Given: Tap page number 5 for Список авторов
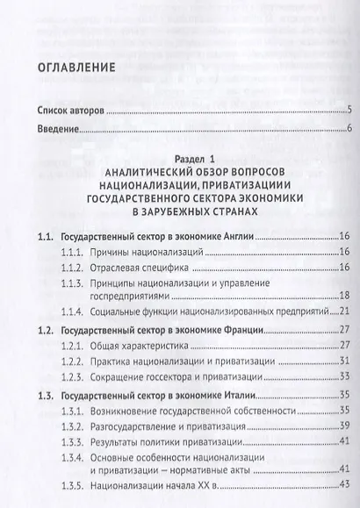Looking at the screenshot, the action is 349,110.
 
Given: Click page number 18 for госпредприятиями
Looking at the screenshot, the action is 345,295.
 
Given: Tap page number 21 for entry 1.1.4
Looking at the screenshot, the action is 345,311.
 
